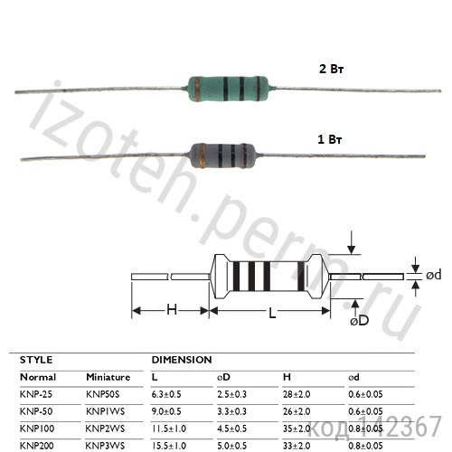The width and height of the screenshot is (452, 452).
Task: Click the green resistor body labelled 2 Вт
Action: pos(225,87)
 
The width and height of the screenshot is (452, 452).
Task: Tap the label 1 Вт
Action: pos(331,140)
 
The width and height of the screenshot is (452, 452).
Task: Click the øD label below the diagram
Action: pos(359,320)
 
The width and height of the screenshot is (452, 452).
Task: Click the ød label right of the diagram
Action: pos(432,275)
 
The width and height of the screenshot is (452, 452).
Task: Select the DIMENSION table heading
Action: pos(181,360)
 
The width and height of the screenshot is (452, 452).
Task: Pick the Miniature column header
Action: pos(108,377)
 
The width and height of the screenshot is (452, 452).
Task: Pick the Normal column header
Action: pos(38,377)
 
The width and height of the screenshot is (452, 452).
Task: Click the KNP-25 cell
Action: pos(38,394)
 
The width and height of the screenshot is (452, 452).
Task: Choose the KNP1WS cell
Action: pos(105,411)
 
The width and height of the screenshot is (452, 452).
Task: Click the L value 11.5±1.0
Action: pos(170,428)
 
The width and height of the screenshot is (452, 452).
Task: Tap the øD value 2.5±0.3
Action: pos(236,394)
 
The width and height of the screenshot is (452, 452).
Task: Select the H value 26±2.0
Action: pos(299,411)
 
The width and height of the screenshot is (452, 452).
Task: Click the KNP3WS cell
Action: pos(105,446)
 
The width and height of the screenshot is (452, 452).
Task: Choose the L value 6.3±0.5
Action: pos(168,394)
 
